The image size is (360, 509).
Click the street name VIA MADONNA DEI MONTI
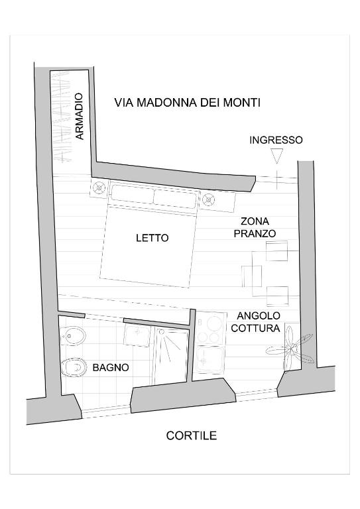pos(188,103)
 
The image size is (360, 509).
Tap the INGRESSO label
pos(276,140)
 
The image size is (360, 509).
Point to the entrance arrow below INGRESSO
pos(277,156)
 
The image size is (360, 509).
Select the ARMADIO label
pos(79,116)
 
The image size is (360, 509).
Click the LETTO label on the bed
pos(152,238)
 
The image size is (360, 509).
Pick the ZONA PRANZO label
pos(255,227)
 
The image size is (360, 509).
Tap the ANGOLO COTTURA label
pos(255,321)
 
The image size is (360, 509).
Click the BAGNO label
pos(111,367)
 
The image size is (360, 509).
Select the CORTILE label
pos(191,435)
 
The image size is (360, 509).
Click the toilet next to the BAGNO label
pos(74,367)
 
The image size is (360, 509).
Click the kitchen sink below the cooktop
pos(210,360)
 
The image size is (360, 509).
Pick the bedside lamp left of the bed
pos(99,188)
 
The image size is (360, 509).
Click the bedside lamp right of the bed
pos(208,199)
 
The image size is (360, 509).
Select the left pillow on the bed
pos(132,195)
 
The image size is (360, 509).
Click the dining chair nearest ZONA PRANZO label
pos(277,251)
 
